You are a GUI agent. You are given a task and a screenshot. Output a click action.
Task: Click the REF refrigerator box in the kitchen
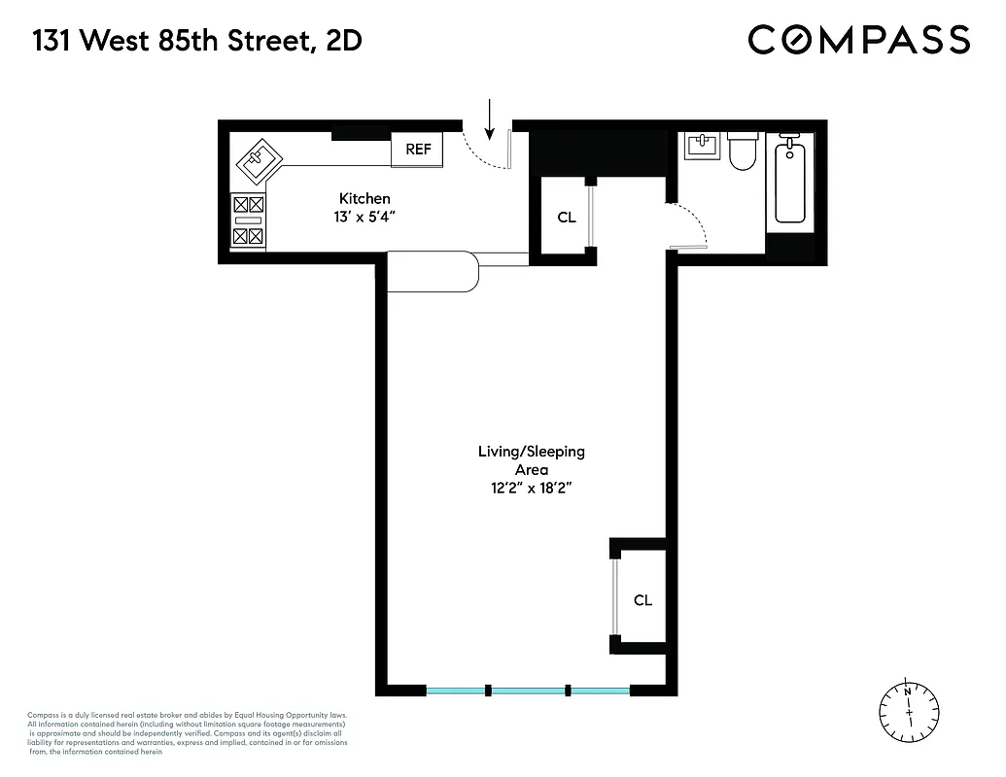point(418,150)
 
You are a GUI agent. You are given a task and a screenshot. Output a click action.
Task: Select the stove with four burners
point(248,220)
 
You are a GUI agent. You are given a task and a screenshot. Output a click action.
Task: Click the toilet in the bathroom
point(743,152)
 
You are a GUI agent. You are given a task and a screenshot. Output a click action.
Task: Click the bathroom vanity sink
point(700,146)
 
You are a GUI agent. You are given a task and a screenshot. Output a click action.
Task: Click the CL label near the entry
point(567,218)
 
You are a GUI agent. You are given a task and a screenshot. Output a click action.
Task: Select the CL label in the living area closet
point(642,600)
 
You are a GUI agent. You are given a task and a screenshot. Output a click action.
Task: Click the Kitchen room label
point(364,198)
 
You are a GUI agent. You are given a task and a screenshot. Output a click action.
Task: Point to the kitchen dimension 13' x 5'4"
point(364,217)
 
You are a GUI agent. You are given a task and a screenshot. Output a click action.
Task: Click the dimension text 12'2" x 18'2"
point(531,489)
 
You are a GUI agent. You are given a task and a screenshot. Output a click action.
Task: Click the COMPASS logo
point(858,40)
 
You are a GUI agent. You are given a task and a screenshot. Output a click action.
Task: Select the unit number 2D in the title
point(347,41)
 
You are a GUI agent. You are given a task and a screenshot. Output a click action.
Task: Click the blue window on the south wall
point(529,691)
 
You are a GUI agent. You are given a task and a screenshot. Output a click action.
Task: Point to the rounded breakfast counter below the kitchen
point(434,271)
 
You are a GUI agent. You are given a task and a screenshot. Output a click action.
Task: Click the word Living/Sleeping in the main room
point(531,452)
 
